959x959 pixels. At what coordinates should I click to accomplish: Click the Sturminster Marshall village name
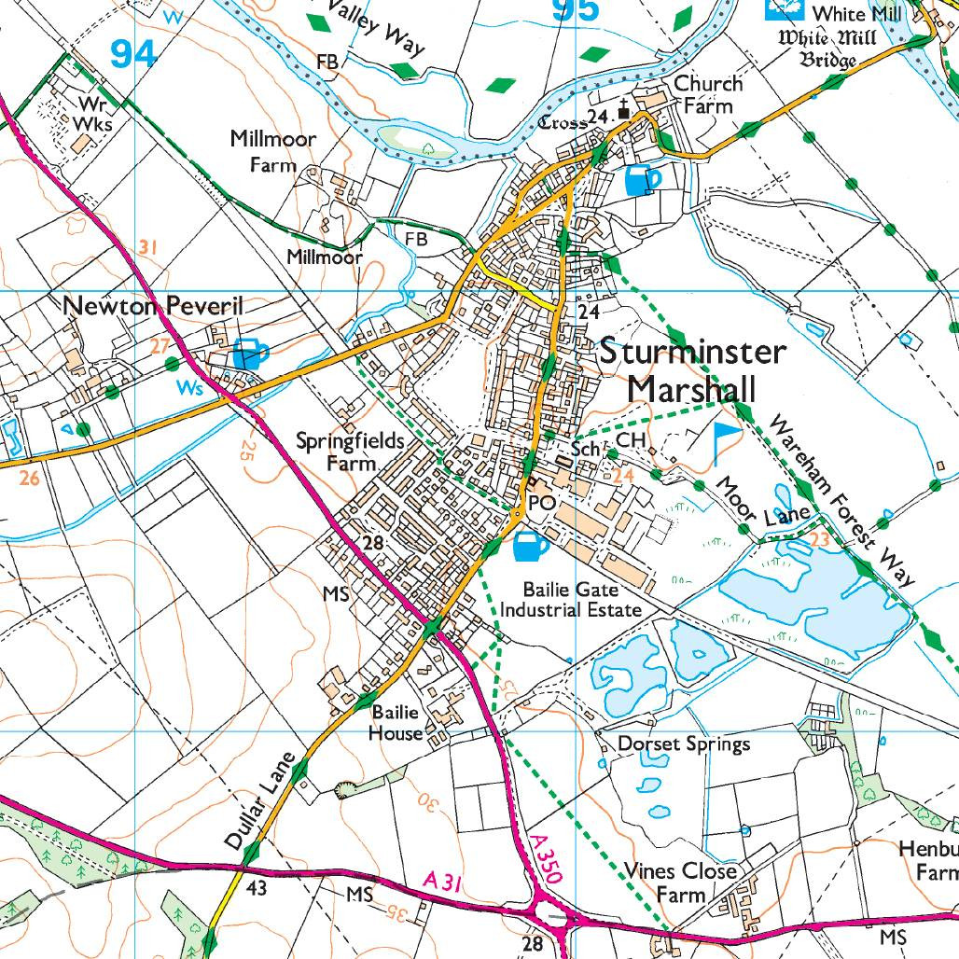click(692, 369)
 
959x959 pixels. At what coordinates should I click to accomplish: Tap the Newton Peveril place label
click(153, 307)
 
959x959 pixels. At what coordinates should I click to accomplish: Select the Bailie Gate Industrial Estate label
click(571, 599)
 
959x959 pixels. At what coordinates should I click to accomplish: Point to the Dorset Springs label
click(685, 744)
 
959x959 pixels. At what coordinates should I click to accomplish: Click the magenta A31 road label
click(443, 881)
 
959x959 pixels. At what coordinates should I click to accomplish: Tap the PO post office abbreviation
click(542, 503)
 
